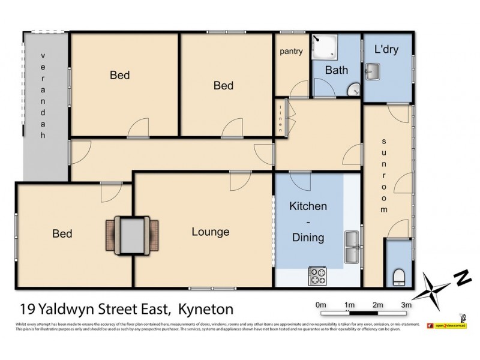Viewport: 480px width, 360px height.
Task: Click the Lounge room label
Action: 211,232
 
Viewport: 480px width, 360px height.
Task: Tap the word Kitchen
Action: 308,206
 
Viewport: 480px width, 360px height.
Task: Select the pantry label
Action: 291,52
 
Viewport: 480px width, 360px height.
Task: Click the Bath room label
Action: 336,70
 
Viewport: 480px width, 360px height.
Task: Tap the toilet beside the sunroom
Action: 399,276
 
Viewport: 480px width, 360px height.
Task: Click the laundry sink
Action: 372,74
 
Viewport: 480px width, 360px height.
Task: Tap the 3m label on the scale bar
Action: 406,304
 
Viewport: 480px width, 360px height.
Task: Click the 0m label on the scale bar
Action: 320,304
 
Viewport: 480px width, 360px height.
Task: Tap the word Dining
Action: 308,238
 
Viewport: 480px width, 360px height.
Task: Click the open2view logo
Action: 450,325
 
